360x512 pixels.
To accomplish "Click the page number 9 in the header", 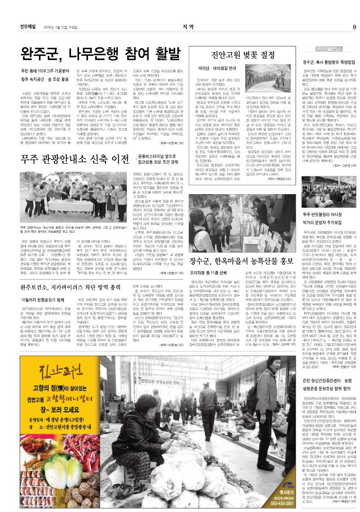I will (x=354, y=26).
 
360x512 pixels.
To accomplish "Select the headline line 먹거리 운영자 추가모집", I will (x=323, y=221).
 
